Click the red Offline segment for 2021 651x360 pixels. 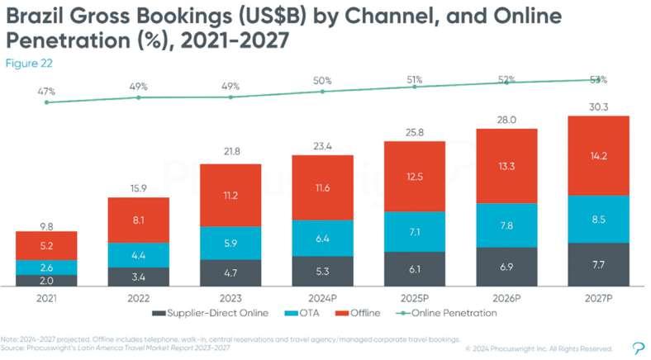pyautogui.click(x=46, y=244)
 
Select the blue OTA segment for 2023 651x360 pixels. pyautogui.click(x=230, y=244)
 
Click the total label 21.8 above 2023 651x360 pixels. pyautogui.click(x=230, y=153)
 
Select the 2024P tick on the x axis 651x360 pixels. pyautogui.click(x=322, y=296)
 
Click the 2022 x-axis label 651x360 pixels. pyautogui.click(x=138, y=296)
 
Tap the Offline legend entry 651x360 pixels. pyautogui.click(x=359, y=313)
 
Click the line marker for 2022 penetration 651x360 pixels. pyautogui.click(x=138, y=97)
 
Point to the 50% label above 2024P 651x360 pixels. pyautogui.click(x=322, y=80)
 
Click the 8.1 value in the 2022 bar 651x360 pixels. pyautogui.click(x=138, y=220)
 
